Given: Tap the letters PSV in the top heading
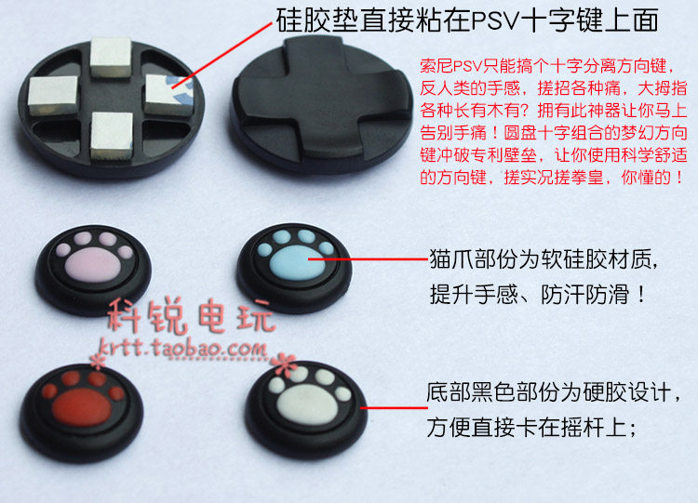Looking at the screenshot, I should click(485, 20).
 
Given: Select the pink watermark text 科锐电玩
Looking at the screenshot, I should click(191, 319).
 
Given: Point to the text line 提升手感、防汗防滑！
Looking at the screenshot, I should click(538, 295).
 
